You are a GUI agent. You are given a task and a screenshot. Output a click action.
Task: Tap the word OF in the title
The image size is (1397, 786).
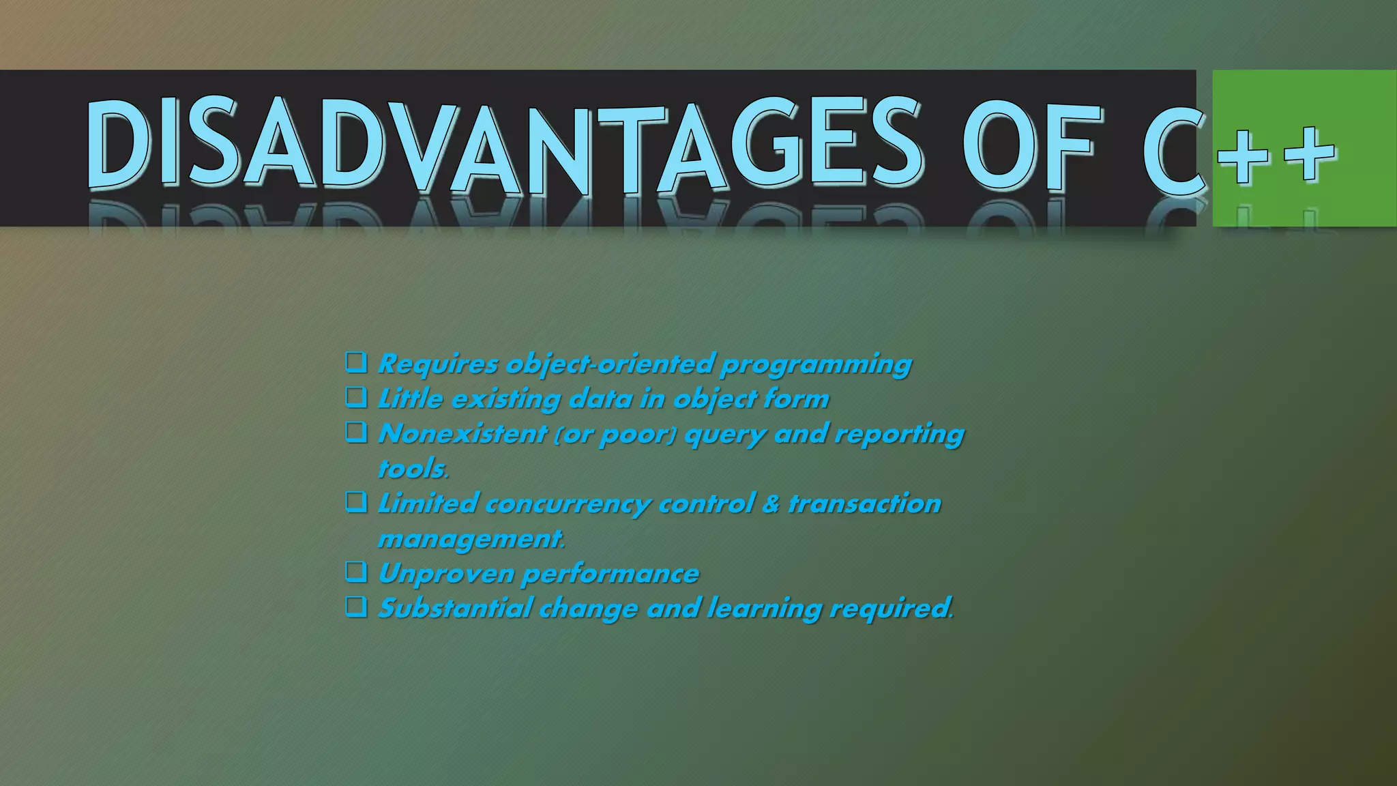(1031, 147)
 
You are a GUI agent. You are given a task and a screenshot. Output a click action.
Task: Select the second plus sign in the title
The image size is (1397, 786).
(1308, 154)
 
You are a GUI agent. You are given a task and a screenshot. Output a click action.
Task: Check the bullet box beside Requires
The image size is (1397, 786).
(356, 362)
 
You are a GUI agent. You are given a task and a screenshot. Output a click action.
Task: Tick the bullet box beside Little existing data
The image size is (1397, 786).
(356, 396)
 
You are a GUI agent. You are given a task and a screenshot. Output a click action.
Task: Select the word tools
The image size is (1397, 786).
(413, 469)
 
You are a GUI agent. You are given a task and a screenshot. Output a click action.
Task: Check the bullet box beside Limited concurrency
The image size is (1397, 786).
(356, 502)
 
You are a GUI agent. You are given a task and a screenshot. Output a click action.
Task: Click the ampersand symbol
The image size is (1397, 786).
(771, 504)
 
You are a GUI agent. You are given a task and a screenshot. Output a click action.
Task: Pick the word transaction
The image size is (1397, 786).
(864, 504)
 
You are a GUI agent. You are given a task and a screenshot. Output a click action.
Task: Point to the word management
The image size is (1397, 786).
(471, 539)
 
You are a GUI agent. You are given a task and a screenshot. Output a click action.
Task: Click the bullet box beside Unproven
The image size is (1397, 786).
(356, 571)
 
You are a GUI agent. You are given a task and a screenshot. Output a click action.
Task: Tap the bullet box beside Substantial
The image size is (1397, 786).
(356, 606)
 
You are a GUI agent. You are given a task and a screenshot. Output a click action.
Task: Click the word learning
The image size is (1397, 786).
(764, 609)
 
